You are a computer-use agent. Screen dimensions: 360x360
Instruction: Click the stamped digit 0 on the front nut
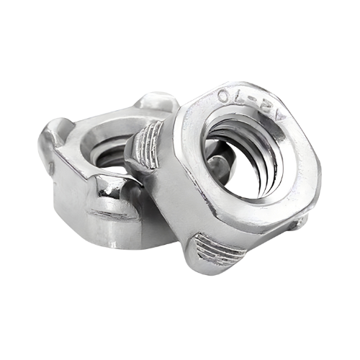(224, 96)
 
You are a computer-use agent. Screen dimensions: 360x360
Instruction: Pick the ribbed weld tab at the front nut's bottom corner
(218, 248)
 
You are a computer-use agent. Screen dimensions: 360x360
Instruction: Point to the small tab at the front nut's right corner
(300, 222)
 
